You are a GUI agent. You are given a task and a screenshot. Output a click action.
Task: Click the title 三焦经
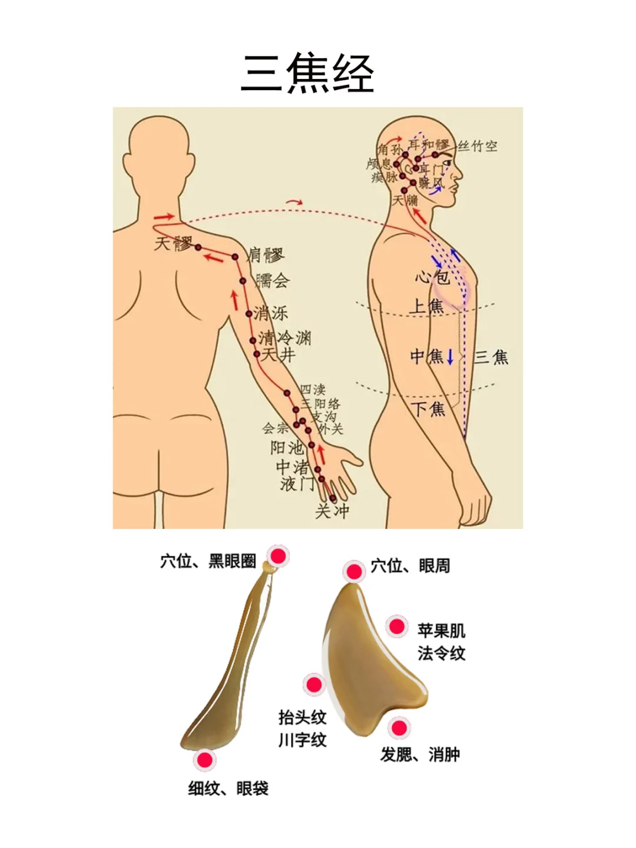307,74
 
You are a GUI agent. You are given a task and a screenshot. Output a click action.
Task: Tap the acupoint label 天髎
173,243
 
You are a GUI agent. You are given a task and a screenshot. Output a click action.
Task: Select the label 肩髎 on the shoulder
266,255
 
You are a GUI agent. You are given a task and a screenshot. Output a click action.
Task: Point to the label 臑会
273,280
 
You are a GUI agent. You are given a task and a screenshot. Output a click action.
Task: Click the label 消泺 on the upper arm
271,313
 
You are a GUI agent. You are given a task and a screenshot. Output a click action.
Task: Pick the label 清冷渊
285,337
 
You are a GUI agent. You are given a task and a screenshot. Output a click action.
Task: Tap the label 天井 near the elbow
278,355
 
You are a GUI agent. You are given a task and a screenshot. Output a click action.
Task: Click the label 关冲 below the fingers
332,511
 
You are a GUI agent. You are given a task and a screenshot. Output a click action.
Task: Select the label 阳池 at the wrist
287,448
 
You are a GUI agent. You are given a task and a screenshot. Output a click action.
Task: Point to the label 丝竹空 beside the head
478,145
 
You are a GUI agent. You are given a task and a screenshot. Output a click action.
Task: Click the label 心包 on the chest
432,276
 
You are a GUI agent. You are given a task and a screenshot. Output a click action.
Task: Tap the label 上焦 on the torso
427,306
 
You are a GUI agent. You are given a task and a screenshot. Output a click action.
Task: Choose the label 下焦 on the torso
428,409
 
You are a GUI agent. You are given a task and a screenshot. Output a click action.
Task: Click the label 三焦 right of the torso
492,357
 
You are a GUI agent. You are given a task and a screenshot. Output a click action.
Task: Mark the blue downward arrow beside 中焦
450,357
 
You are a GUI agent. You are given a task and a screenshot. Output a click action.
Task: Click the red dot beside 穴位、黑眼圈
278,556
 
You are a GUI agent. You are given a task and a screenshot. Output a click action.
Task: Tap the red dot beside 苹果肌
397,627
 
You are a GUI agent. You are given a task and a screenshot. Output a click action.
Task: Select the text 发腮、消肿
420,754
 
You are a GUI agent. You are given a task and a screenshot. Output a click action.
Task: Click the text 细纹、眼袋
228,788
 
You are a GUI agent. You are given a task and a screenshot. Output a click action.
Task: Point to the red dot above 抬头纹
314,685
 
